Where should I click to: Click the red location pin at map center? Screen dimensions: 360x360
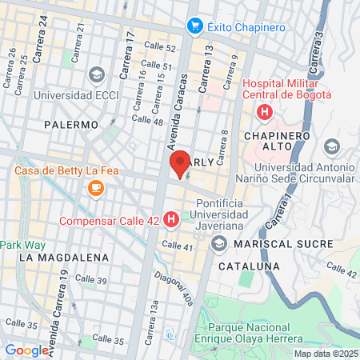click(x=180, y=164)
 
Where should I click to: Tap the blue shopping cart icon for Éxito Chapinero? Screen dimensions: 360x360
click(x=194, y=27)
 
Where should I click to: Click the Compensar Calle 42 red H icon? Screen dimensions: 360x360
click(x=170, y=219)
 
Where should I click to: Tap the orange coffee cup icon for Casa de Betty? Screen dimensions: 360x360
click(x=96, y=187)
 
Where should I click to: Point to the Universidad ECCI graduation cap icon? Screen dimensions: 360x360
click(x=96, y=75)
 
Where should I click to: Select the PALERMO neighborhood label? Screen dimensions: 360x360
click(x=71, y=125)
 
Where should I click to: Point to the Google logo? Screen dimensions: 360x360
click(x=26, y=350)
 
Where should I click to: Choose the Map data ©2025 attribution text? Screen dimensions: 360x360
click(x=325, y=354)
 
